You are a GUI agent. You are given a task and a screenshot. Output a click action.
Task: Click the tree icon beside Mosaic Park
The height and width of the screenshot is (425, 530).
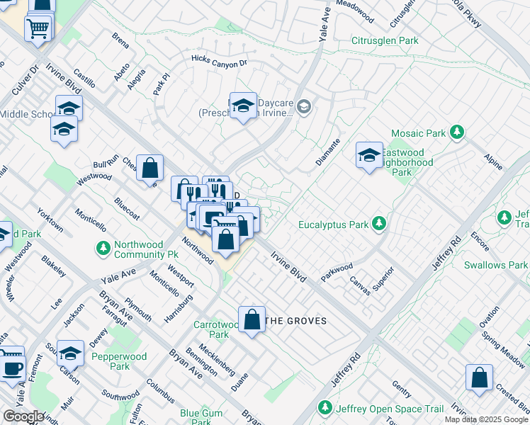coord(458,132)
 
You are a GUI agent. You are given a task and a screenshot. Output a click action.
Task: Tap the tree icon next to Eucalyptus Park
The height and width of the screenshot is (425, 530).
coord(380,225)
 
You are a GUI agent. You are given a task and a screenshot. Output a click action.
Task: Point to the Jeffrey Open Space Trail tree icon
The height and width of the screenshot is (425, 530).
coord(325,408)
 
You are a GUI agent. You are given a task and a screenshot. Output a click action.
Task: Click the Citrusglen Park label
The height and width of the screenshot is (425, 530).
coord(385,40)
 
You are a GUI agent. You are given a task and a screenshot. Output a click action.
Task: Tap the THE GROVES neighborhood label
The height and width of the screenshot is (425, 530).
coord(295,321)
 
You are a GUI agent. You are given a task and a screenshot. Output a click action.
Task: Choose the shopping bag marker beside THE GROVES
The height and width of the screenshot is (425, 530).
coord(252,319)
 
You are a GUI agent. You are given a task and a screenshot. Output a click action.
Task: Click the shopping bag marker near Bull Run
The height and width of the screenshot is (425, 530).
coord(150,169)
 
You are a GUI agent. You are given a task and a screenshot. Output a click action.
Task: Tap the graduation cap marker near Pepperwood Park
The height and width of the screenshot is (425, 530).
coord(70,353)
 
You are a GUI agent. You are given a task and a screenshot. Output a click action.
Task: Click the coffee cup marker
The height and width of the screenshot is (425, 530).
coord(12,367)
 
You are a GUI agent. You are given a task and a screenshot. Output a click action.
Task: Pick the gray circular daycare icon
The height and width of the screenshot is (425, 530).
coord(304,108)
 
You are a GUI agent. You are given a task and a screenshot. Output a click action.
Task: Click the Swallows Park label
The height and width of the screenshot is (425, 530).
coord(496,265)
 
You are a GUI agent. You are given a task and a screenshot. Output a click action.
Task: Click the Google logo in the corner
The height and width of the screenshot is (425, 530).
coord(23,416)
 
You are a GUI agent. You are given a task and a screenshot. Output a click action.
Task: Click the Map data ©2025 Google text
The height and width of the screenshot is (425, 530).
coord(486,419)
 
